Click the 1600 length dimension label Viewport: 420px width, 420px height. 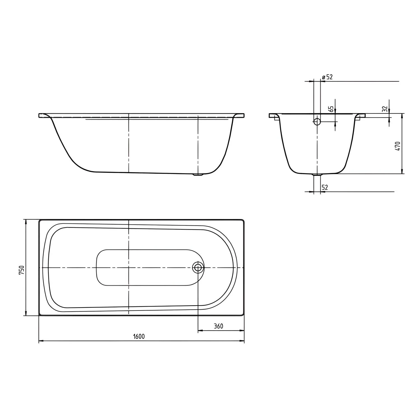tap(139, 337)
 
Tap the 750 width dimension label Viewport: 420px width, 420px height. tap(22, 270)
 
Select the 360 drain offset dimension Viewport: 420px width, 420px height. tap(218, 326)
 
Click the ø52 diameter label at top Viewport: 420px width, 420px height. tap(327, 77)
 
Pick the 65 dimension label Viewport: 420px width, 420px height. tap(332, 109)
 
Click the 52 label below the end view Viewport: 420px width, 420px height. tap(325, 188)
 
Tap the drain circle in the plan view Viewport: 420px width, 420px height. tap(198, 268)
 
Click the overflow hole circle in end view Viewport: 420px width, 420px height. tap(317, 122)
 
